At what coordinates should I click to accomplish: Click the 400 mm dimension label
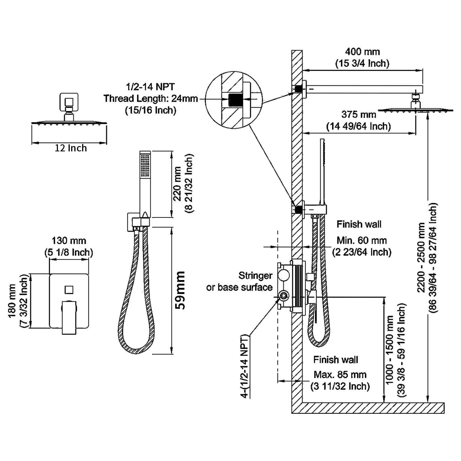pyautogui.click(x=362, y=52)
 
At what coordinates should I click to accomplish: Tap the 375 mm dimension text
pyautogui.click(x=358, y=114)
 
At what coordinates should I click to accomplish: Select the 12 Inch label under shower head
pyautogui.click(x=71, y=148)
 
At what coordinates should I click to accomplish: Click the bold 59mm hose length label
pyautogui.click(x=180, y=290)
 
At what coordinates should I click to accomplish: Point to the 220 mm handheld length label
pyautogui.click(x=177, y=184)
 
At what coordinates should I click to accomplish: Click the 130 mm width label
pyautogui.click(x=69, y=241)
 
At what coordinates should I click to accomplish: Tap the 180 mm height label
pyautogui.click(x=12, y=301)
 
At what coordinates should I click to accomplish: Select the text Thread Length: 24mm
pyautogui.click(x=150, y=99)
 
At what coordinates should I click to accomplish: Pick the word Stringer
pyautogui.click(x=255, y=275)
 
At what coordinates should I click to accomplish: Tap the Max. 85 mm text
pyautogui.click(x=340, y=375)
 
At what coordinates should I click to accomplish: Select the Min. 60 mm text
pyautogui.click(x=362, y=240)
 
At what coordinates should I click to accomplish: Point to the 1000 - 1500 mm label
pyautogui.click(x=389, y=350)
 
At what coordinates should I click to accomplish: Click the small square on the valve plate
pyautogui.click(x=69, y=290)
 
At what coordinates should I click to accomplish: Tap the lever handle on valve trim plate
pyautogui.click(x=69, y=317)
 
